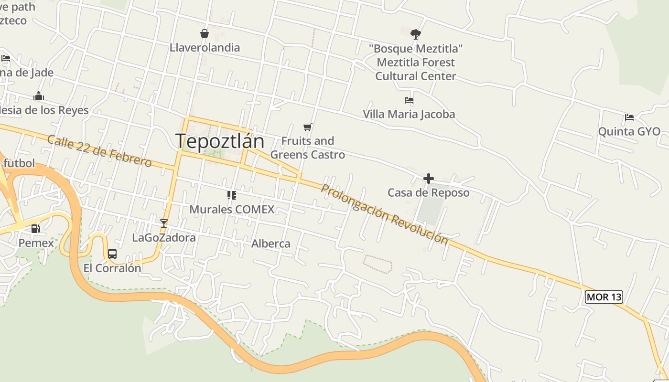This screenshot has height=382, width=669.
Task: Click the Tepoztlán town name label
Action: click(x=220, y=141)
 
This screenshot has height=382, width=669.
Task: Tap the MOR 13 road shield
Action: click(x=604, y=297)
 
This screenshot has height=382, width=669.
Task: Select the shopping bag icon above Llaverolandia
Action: click(x=205, y=33)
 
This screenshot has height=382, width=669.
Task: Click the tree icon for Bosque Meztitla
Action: click(x=415, y=34)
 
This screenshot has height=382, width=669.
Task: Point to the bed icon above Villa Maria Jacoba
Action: click(x=409, y=100)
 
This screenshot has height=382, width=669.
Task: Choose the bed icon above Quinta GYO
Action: click(x=629, y=117)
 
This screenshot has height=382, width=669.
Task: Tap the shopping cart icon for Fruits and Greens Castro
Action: click(x=308, y=127)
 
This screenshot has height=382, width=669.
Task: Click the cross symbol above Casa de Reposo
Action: click(x=429, y=179)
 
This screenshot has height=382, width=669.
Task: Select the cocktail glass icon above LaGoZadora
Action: click(x=164, y=223)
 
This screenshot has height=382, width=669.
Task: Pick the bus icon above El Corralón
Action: click(x=112, y=254)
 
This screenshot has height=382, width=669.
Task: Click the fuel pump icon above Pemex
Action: click(x=36, y=228)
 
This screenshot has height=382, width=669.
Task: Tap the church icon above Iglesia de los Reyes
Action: click(x=39, y=96)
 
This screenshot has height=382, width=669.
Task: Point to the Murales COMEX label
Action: click(x=232, y=209)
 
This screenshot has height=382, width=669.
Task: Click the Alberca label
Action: click(x=271, y=244)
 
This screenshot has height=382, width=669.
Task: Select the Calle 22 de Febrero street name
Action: click(x=99, y=151)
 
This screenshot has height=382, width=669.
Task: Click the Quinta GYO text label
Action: click(x=629, y=131)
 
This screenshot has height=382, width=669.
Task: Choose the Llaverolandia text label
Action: click(x=205, y=48)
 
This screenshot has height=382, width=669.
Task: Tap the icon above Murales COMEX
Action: click(x=232, y=195)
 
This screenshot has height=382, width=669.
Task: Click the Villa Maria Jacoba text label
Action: click(x=409, y=114)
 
